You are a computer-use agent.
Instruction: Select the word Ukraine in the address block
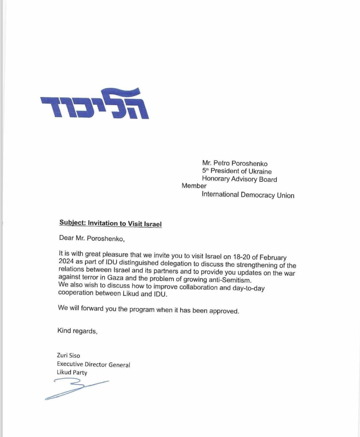[x=259, y=171]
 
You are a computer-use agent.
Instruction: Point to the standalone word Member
[x=194, y=186]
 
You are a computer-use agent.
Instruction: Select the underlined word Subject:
[x=72, y=223]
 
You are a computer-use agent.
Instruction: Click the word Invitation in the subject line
[x=103, y=223]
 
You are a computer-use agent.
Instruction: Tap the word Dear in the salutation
[x=67, y=238]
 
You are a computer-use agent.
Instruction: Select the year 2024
[x=66, y=261]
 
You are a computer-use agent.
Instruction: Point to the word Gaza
[x=115, y=277]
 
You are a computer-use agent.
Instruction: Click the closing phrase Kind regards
[x=77, y=331]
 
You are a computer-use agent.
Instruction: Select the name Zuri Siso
[x=68, y=355]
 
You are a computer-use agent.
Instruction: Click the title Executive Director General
[x=93, y=365]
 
